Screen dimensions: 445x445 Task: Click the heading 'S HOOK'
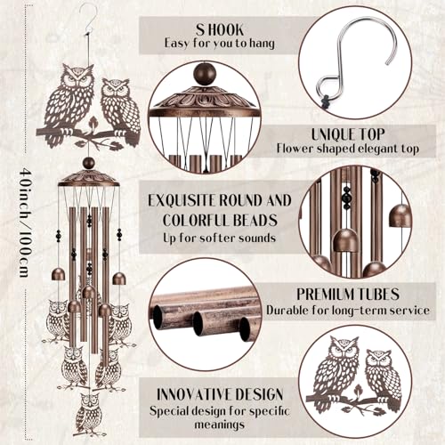tap(220, 29)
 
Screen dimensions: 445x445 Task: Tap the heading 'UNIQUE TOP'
tap(348, 134)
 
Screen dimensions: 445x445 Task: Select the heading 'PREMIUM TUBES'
tap(348, 294)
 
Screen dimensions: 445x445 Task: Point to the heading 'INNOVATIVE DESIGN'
tap(220, 394)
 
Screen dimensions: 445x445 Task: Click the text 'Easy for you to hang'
tap(220, 44)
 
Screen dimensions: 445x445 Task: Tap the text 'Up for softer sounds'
tap(220, 239)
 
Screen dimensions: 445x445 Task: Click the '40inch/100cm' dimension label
tap(26, 222)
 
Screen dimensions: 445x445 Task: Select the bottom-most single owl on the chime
tap(88, 413)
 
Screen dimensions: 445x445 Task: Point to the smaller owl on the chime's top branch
tap(120, 109)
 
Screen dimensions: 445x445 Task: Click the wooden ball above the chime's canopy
tap(89, 164)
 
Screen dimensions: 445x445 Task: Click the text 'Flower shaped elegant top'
tap(348, 149)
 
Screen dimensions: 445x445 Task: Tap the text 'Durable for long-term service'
tap(348, 310)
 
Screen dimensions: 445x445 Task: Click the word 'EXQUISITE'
tap(182, 200)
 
